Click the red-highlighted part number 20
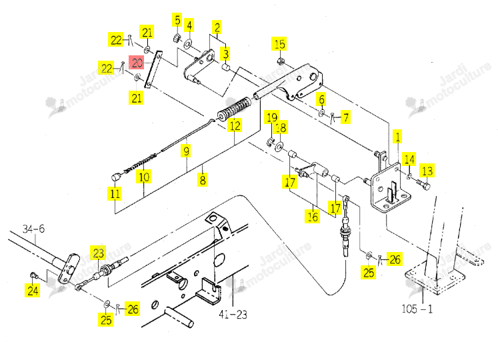[137, 63]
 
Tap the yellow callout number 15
[279, 44]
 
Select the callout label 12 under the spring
[235, 125]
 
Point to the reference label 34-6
[33, 229]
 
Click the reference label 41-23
[233, 315]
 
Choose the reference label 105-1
[417, 309]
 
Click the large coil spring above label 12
[235, 109]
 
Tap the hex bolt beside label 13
[423, 184]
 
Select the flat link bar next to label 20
[153, 69]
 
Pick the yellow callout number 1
[397, 136]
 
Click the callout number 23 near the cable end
[99, 253]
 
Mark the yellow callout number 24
[33, 290]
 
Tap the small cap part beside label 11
[116, 177]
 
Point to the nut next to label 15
[281, 61]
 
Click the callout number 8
[203, 179]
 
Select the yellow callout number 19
[272, 117]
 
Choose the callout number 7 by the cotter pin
[345, 117]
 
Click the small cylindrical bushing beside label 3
[225, 67]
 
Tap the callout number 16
[313, 217]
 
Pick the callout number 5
[177, 20]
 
